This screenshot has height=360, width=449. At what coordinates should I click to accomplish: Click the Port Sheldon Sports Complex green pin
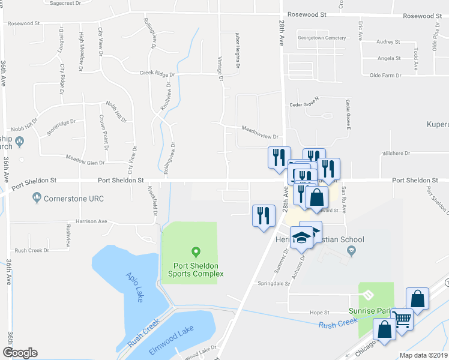194,251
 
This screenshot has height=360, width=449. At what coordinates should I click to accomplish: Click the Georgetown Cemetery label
324,38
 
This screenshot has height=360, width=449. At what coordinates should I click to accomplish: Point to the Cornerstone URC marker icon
37,196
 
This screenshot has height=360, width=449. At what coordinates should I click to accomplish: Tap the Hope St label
319,313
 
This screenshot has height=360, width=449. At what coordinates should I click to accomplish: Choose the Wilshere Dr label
396,154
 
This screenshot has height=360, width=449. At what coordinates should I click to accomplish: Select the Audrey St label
388,42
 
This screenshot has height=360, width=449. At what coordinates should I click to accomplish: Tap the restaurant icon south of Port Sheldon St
263,215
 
